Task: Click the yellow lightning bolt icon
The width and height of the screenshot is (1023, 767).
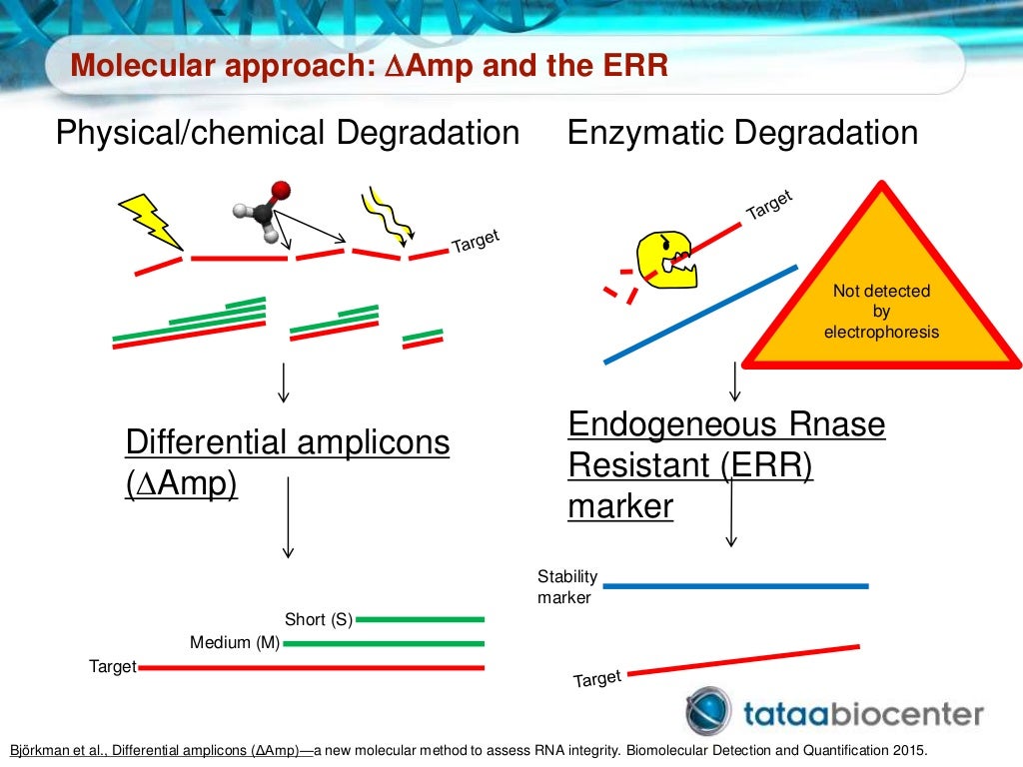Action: click(151, 221)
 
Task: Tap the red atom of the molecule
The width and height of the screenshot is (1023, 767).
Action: click(281, 189)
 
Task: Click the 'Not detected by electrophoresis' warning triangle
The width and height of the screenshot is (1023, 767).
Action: click(881, 300)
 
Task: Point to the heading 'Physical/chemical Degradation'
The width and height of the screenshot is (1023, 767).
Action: click(288, 133)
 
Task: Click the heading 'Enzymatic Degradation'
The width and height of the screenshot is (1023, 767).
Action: click(742, 133)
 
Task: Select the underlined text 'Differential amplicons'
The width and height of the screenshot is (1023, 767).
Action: click(288, 441)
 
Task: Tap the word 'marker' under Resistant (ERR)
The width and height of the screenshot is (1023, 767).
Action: click(620, 506)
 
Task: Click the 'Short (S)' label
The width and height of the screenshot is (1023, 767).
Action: click(319, 619)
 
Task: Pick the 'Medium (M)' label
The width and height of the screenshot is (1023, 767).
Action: click(235, 643)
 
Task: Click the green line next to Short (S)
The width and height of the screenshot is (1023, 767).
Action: click(420, 619)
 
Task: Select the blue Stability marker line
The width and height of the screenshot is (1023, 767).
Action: click(736, 586)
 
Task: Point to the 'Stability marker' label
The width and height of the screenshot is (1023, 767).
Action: click(567, 587)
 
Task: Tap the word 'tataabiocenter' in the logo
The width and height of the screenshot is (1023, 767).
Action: click(863, 713)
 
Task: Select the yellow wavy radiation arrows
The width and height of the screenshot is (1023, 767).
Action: click(385, 213)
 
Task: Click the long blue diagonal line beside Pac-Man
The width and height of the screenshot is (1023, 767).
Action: click(700, 314)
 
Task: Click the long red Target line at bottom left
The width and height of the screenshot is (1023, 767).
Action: click(311, 667)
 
